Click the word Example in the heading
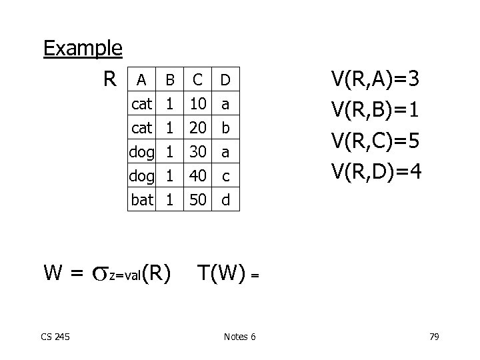(x=83, y=49)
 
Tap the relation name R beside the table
(x=111, y=79)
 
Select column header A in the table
(x=141, y=81)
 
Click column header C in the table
(x=197, y=81)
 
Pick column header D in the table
(x=225, y=81)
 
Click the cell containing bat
(x=142, y=199)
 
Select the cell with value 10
(x=197, y=104)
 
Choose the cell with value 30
(x=197, y=152)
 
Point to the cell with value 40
(x=197, y=175)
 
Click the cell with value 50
(x=197, y=199)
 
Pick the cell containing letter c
(x=225, y=175)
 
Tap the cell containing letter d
(x=225, y=199)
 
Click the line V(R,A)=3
(x=376, y=81)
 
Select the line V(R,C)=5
(x=376, y=142)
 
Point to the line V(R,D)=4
(x=376, y=173)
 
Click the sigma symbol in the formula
(x=99, y=273)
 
